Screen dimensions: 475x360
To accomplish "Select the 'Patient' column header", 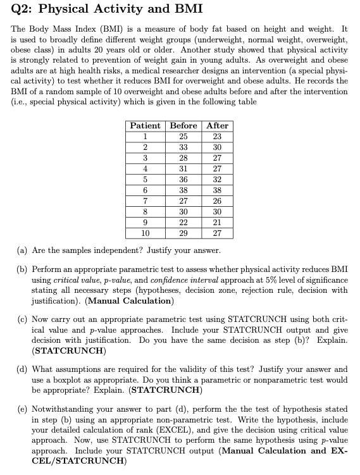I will (x=145, y=126).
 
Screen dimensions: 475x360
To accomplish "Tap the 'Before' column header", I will (x=183, y=126).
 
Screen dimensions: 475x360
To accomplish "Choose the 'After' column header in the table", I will (x=217, y=126).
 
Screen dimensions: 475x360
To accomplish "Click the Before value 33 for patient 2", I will (x=183, y=147).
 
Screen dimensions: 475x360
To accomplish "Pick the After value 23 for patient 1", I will (x=217, y=136).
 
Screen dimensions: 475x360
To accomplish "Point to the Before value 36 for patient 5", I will (x=183, y=178).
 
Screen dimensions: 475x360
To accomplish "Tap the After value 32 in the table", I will (x=217, y=178).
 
